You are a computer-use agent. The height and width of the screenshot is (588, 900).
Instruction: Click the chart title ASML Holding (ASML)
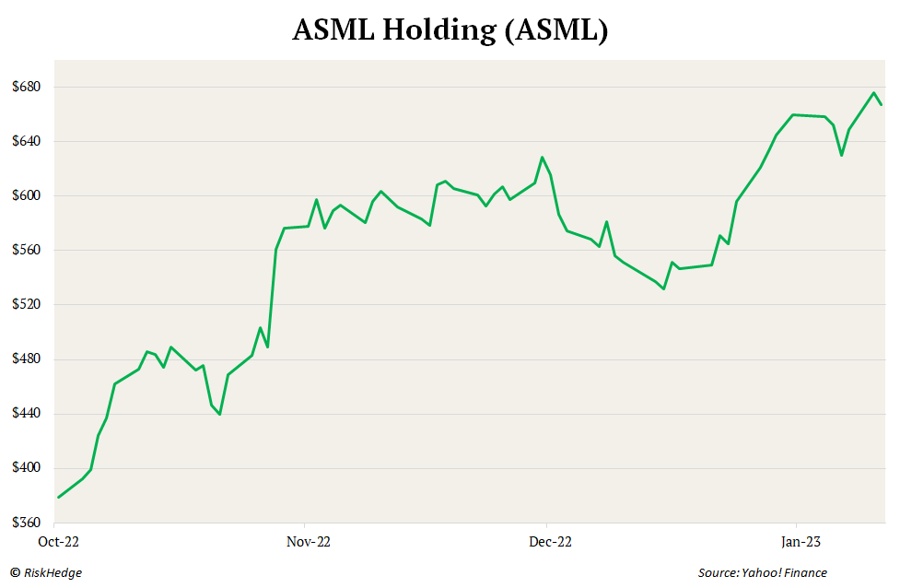point(450,30)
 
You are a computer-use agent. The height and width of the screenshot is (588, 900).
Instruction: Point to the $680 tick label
point(29,88)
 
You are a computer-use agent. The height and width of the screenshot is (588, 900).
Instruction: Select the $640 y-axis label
point(29,142)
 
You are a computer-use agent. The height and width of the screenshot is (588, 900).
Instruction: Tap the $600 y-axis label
point(29,196)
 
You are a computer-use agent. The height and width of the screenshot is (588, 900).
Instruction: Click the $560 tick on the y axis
point(29,251)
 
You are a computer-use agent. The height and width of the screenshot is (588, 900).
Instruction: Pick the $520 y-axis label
point(29,305)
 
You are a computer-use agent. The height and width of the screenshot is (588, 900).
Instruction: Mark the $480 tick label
point(29,359)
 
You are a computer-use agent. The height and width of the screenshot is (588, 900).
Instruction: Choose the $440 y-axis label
point(29,414)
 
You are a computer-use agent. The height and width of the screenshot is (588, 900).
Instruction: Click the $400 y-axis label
point(29,468)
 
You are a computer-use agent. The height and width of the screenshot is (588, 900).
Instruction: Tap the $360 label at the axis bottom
point(29,523)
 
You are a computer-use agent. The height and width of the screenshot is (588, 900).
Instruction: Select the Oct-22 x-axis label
point(57,542)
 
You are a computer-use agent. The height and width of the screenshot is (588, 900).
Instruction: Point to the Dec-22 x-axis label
point(549,542)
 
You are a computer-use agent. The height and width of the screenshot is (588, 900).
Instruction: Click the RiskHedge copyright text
point(47,573)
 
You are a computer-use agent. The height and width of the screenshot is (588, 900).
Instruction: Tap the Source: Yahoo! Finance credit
point(762,573)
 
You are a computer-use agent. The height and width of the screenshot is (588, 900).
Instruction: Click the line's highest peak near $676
point(873,92)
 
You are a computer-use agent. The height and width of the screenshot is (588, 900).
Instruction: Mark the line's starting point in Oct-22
point(58,498)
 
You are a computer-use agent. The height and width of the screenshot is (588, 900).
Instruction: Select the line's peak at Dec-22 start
point(543,158)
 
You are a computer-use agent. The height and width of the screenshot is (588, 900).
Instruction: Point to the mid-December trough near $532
point(663,288)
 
